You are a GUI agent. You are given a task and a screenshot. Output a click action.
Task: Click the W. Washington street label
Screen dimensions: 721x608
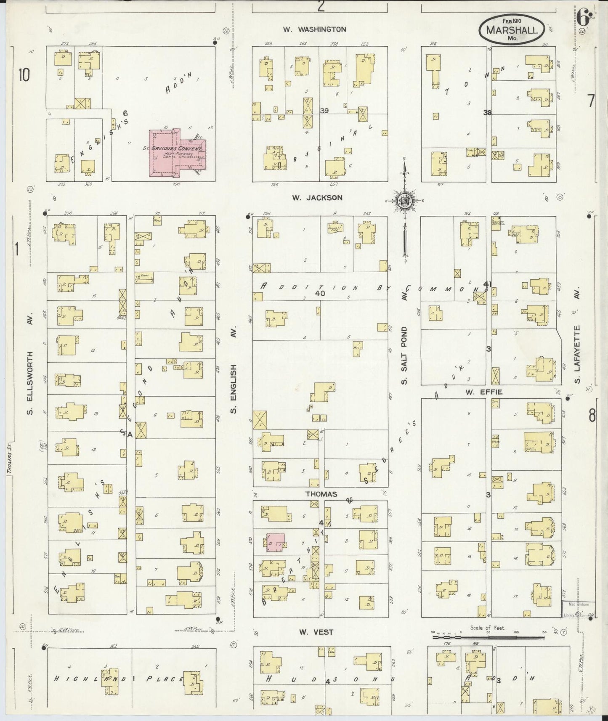tap(314, 29)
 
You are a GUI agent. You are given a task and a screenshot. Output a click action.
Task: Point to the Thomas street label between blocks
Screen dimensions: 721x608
tap(321, 494)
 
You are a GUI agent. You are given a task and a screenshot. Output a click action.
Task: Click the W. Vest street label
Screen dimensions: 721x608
tap(316, 632)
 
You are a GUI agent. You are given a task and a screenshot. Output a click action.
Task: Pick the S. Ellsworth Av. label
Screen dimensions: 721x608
tap(30, 364)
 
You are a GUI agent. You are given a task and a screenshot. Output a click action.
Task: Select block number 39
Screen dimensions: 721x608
tap(324, 111)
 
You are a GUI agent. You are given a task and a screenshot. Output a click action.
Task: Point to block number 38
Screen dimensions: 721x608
tap(487, 113)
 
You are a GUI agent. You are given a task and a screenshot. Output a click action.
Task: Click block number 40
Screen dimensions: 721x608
tap(320, 294)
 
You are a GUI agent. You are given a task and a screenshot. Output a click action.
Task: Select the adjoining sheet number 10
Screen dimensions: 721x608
tap(24, 75)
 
